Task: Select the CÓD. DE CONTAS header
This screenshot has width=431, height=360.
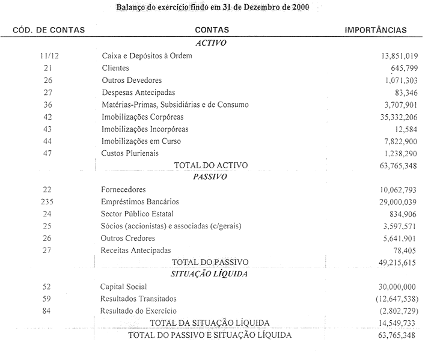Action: (x=48, y=29)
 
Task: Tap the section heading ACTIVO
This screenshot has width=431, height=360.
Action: (x=210, y=43)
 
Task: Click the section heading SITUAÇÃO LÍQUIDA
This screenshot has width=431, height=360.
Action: (x=210, y=274)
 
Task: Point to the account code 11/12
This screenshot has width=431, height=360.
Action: (x=48, y=56)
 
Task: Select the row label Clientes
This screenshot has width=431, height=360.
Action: (x=115, y=69)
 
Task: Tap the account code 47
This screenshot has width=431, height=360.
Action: (x=48, y=153)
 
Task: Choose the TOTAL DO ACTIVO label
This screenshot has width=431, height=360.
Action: (x=210, y=165)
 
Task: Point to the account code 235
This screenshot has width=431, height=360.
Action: (x=48, y=202)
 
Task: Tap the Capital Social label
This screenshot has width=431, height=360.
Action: (x=123, y=287)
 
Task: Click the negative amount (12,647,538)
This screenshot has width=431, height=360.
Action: (x=391, y=299)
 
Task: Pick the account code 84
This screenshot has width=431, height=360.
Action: (x=48, y=311)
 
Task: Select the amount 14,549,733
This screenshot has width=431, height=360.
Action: (x=394, y=323)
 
